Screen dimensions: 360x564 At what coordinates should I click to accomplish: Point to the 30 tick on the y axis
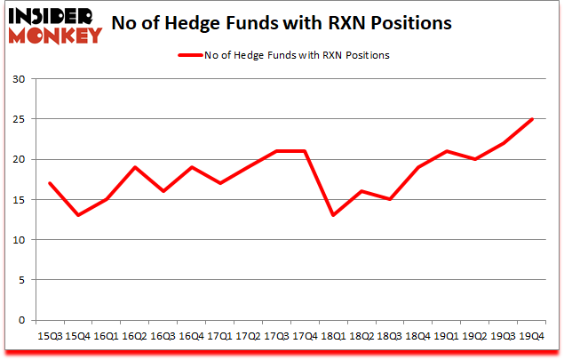(19, 79)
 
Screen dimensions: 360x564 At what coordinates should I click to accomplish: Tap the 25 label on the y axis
(19, 119)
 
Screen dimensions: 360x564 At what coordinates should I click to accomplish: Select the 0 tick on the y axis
(21, 320)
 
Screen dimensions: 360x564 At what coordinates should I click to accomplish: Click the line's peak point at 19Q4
(531, 119)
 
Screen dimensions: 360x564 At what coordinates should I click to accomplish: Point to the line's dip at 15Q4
(77, 215)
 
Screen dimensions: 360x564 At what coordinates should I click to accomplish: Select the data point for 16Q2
(135, 167)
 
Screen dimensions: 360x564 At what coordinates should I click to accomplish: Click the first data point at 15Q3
(49, 183)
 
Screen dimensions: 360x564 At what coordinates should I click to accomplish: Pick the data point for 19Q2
(473, 159)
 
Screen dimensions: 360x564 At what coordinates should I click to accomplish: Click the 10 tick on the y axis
(19, 240)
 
